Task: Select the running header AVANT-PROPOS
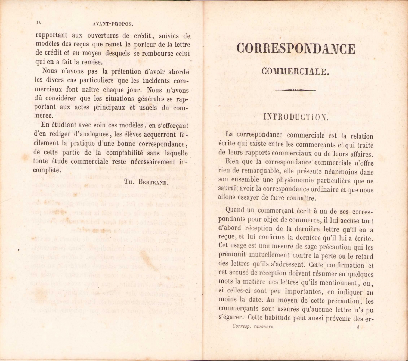[113, 24]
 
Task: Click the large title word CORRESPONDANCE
[296, 49]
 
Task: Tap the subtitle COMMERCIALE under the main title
[295, 71]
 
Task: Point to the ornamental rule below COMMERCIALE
[295, 90]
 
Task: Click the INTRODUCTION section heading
[296, 117]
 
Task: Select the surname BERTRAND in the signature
[153, 182]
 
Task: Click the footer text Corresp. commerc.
[254, 326]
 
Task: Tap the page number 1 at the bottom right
[358, 327]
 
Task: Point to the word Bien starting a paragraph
[232, 162]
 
